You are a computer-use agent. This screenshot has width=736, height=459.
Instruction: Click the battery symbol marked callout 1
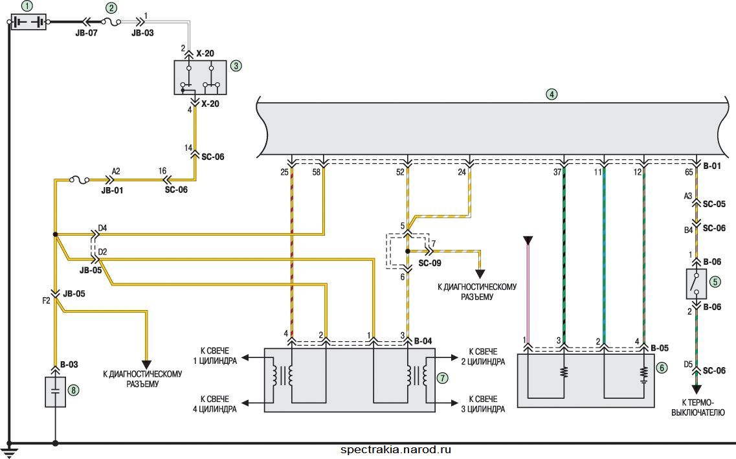click(x=28, y=22)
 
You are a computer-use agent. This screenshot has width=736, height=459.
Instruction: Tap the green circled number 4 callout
click(x=552, y=94)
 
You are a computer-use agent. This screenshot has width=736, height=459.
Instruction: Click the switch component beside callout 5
click(x=696, y=284)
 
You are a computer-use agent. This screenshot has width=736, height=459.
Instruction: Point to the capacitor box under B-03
click(x=56, y=392)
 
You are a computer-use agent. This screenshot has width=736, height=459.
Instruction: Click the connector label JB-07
click(x=86, y=33)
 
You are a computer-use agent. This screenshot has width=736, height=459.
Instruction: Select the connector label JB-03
click(x=142, y=33)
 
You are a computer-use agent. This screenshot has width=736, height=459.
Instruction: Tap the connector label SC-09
click(x=430, y=263)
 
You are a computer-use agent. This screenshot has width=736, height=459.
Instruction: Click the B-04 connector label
click(x=424, y=341)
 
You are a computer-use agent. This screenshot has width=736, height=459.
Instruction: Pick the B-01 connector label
click(x=712, y=166)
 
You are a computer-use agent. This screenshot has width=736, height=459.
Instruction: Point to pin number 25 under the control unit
click(x=284, y=172)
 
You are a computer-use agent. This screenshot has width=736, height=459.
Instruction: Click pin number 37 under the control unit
click(x=557, y=172)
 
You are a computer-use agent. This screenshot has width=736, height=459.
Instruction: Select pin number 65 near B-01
click(x=689, y=172)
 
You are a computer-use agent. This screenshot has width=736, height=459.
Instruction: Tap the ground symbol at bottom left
click(x=9, y=451)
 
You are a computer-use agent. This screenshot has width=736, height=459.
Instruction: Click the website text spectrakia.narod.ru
click(x=396, y=450)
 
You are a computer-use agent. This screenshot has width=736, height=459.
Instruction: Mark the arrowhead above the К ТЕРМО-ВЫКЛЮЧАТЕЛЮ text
click(x=697, y=389)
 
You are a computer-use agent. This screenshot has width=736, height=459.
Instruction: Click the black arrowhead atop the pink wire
click(x=528, y=241)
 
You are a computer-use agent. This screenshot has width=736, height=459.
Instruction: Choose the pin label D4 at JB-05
click(x=102, y=229)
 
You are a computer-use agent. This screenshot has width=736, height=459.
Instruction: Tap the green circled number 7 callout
click(x=442, y=378)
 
